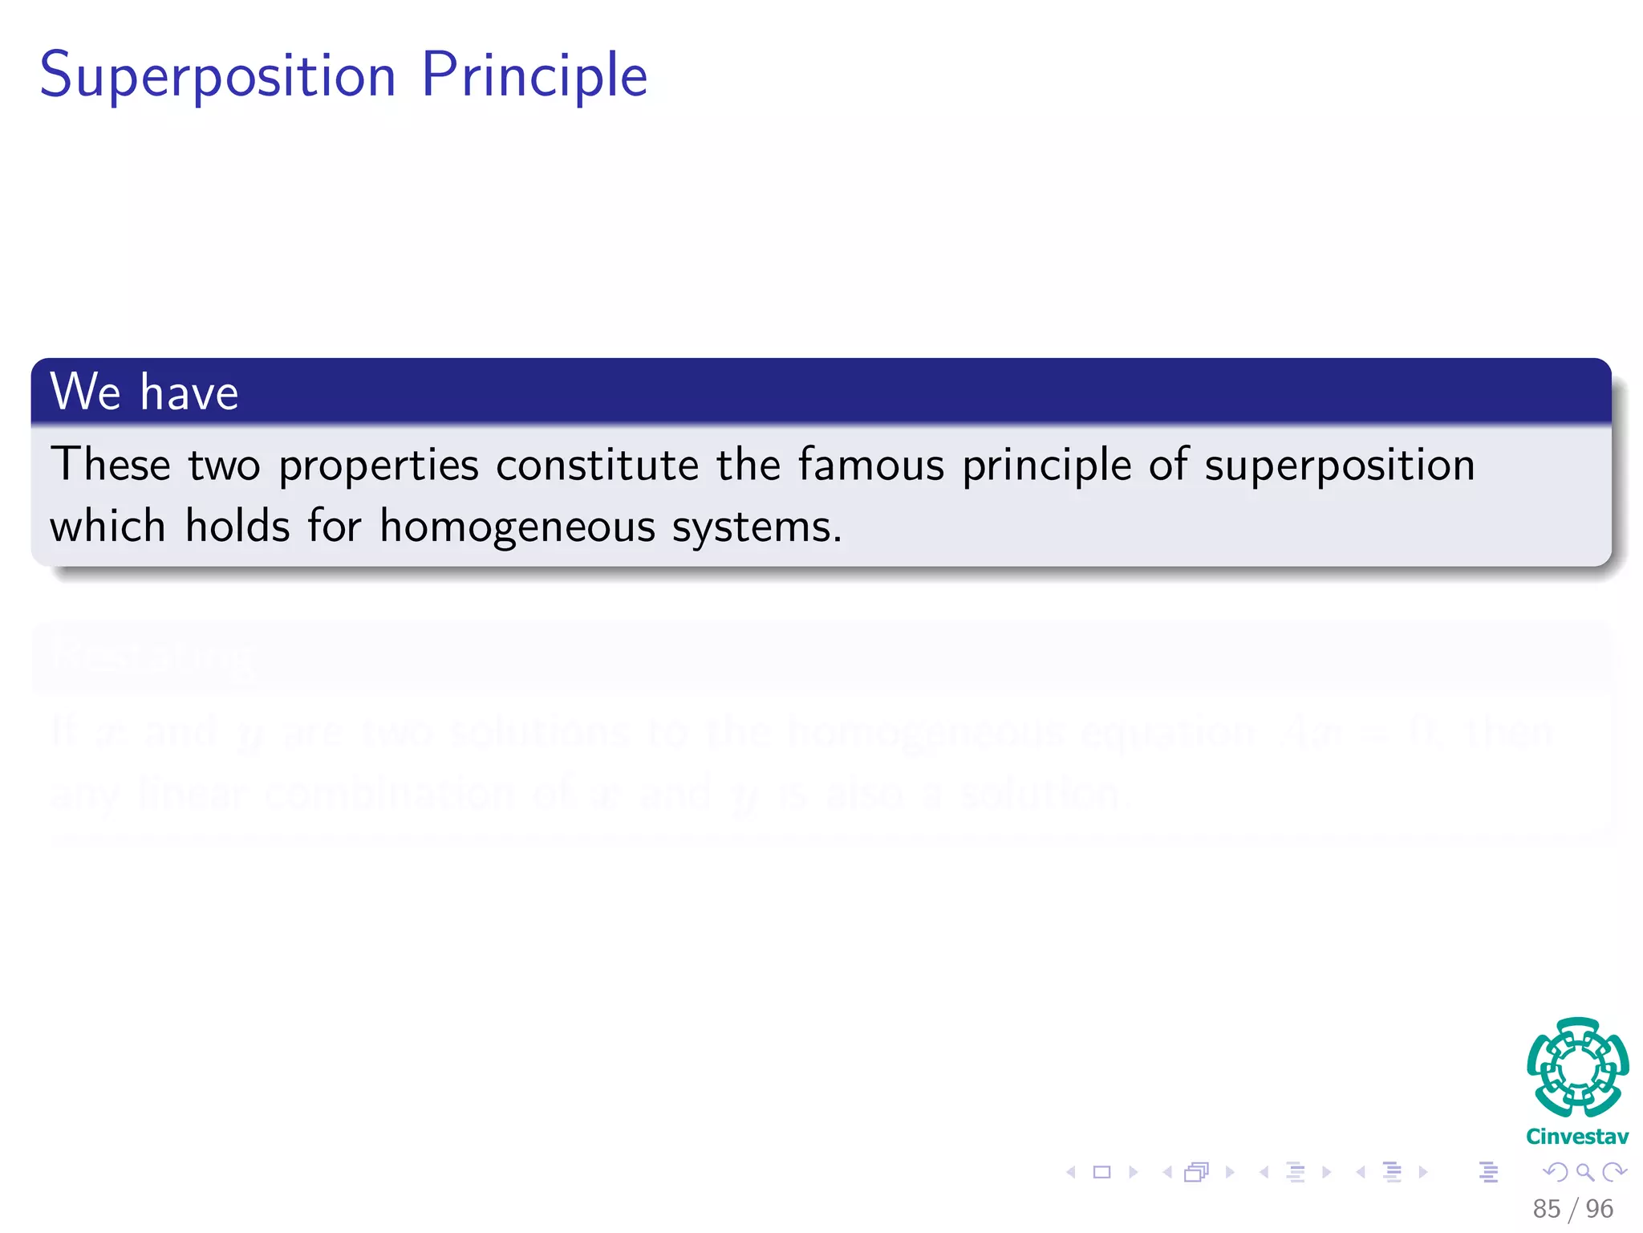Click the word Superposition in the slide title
pyautogui.click(x=217, y=75)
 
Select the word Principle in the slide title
pyautogui.click(x=533, y=75)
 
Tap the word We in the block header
pyautogui.click(x=85, y=392)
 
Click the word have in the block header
pyautogui.click(x=189, y=392)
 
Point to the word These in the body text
pyautogui.click(x=111, y=465)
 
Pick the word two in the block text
pyautogui.click(x=225, y=466)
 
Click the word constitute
pyautogui.click(x=597, y=465)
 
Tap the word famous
pyautogui.click(x=871, y=465)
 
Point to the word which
pyautogui.click(x=108, y=527)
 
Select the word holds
pyautogui.click(x=237, y=527)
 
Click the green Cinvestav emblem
pyautogui.click(x=1577, y=1067)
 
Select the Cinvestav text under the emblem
pyautogui.click(x=1577, y=1137)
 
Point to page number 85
pyautogui.click(x=1547, y=1209)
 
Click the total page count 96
pyautogui.click(x=1600, y=1209)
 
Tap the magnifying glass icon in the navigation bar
pyautogui.click(x=1584, y=1172)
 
